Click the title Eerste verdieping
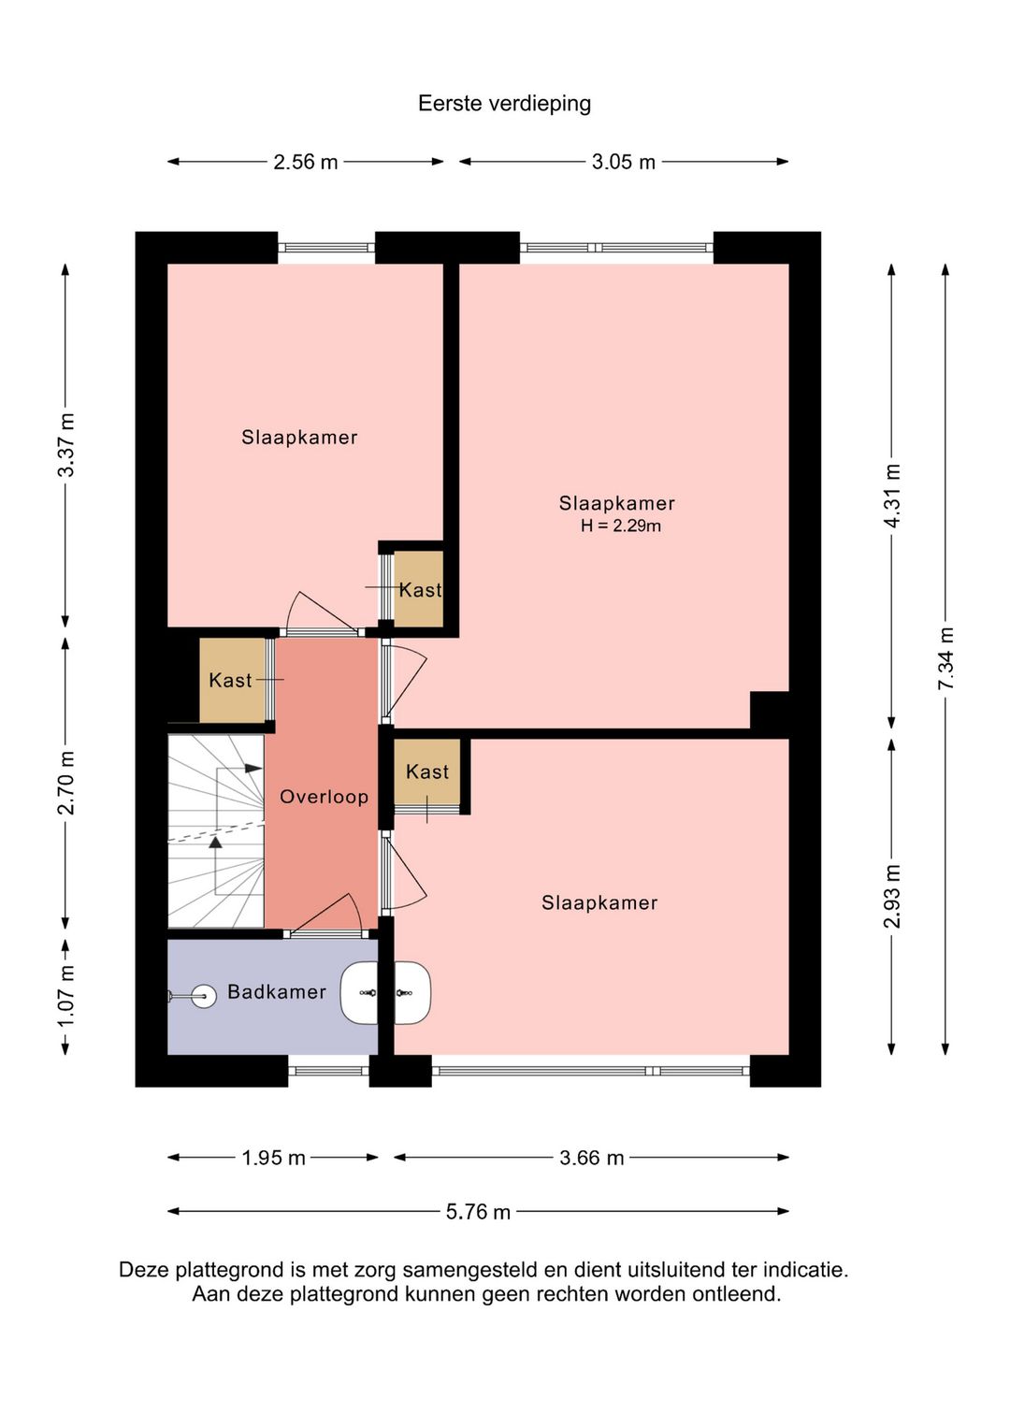pos(504,104)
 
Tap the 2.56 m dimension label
pos(305,163)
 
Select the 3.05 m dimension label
pos(623,163)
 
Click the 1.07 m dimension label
pos(66,996)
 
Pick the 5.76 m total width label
pos(478,1212)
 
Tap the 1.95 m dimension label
pos(273,1158)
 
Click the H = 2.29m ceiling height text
pos(620,526)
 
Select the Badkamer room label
pos(277,992)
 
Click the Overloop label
pos(324,797)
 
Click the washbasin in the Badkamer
pos(360,992)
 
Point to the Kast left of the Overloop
pos(231,681)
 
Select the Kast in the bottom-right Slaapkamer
pos(427,771)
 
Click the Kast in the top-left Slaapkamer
pos(419,589)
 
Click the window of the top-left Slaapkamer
pos(326,248)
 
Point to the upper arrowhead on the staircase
pos(253,769)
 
